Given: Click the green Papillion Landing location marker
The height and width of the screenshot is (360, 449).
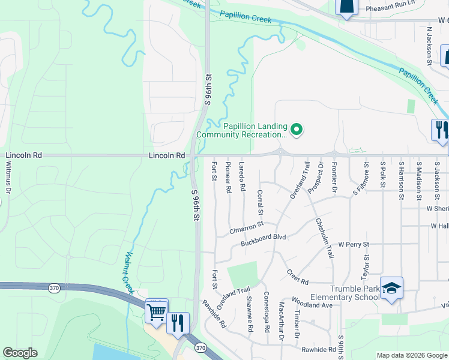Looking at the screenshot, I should [x=296, y=129].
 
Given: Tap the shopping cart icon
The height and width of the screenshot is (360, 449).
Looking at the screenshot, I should [x=156, y=311].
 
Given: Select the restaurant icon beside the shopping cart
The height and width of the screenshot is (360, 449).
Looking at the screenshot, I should [x=178, y=322].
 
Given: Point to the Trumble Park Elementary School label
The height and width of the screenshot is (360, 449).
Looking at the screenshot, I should [x=345, y=292].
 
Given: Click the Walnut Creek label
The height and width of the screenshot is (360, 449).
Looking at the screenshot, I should [x=128, y=268].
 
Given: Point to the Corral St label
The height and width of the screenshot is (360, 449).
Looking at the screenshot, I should [x=261, y=203].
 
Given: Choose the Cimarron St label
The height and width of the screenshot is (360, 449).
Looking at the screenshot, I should [x=246, y=228].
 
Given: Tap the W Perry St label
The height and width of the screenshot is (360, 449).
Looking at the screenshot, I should [x=353, y=245].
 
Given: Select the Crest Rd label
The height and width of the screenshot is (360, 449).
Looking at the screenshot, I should [x=297, y=277].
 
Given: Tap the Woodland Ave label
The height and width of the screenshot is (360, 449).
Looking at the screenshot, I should [x=312, y=302].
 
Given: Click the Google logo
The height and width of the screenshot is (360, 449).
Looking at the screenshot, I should [x=20, y=352].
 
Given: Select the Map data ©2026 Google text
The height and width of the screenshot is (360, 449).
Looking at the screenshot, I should [x=411, y=355].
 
